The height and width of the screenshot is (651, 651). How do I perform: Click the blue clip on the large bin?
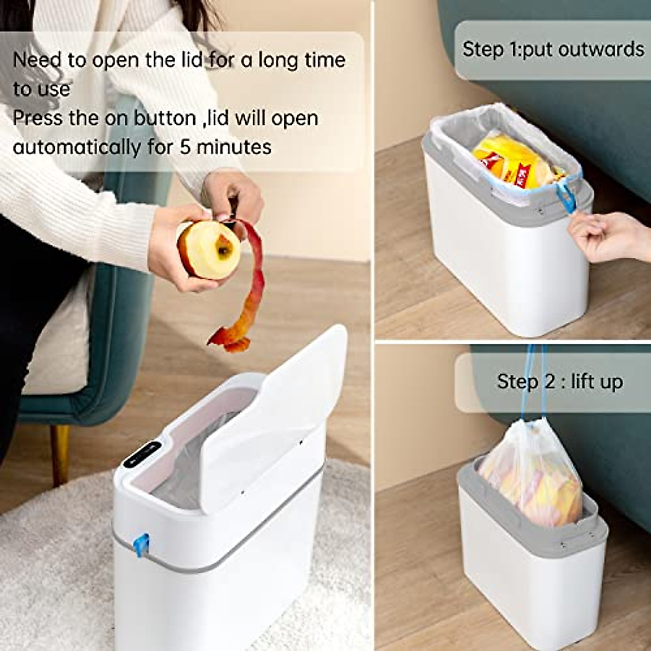pyautogui.click(x=142, y=545)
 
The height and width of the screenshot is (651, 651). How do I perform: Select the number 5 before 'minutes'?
pyautogui.click(x=186, y=146)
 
